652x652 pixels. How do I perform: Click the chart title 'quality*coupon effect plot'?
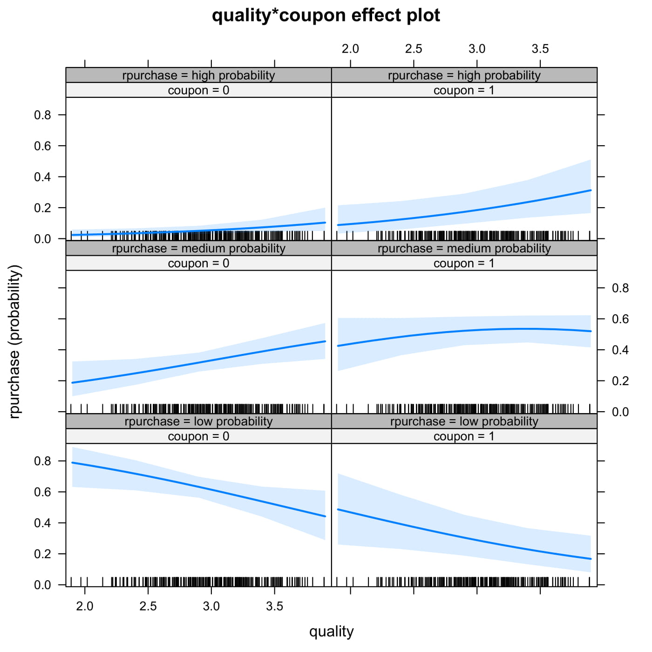(326, 15)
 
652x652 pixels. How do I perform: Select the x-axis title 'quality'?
(331, 632)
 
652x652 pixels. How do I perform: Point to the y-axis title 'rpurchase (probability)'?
(15, 341)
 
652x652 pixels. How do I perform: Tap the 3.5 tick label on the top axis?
(540, 49)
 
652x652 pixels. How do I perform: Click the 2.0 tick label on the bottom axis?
(85, 606)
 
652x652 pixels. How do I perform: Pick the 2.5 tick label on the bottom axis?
(148, 606)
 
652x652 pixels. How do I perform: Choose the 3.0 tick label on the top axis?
(476, 49)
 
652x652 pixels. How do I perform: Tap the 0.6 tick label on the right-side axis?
(620, 319)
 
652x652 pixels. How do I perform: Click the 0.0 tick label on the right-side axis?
(620, 412)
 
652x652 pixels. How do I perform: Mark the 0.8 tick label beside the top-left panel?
(43, 115)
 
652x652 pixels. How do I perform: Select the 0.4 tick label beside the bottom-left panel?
(43, 523)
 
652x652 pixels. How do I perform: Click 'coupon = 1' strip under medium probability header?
(464, 263)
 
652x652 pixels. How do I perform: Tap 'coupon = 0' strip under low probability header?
(198, 436)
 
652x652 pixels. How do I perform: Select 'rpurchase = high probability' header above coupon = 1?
(464, 75)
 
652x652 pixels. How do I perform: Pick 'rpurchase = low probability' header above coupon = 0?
(198, 421)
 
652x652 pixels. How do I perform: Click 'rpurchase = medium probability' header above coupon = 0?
(198, 248)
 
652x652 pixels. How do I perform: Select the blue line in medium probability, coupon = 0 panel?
(198, 363)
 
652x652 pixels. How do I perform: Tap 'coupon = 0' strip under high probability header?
(198, 90)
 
